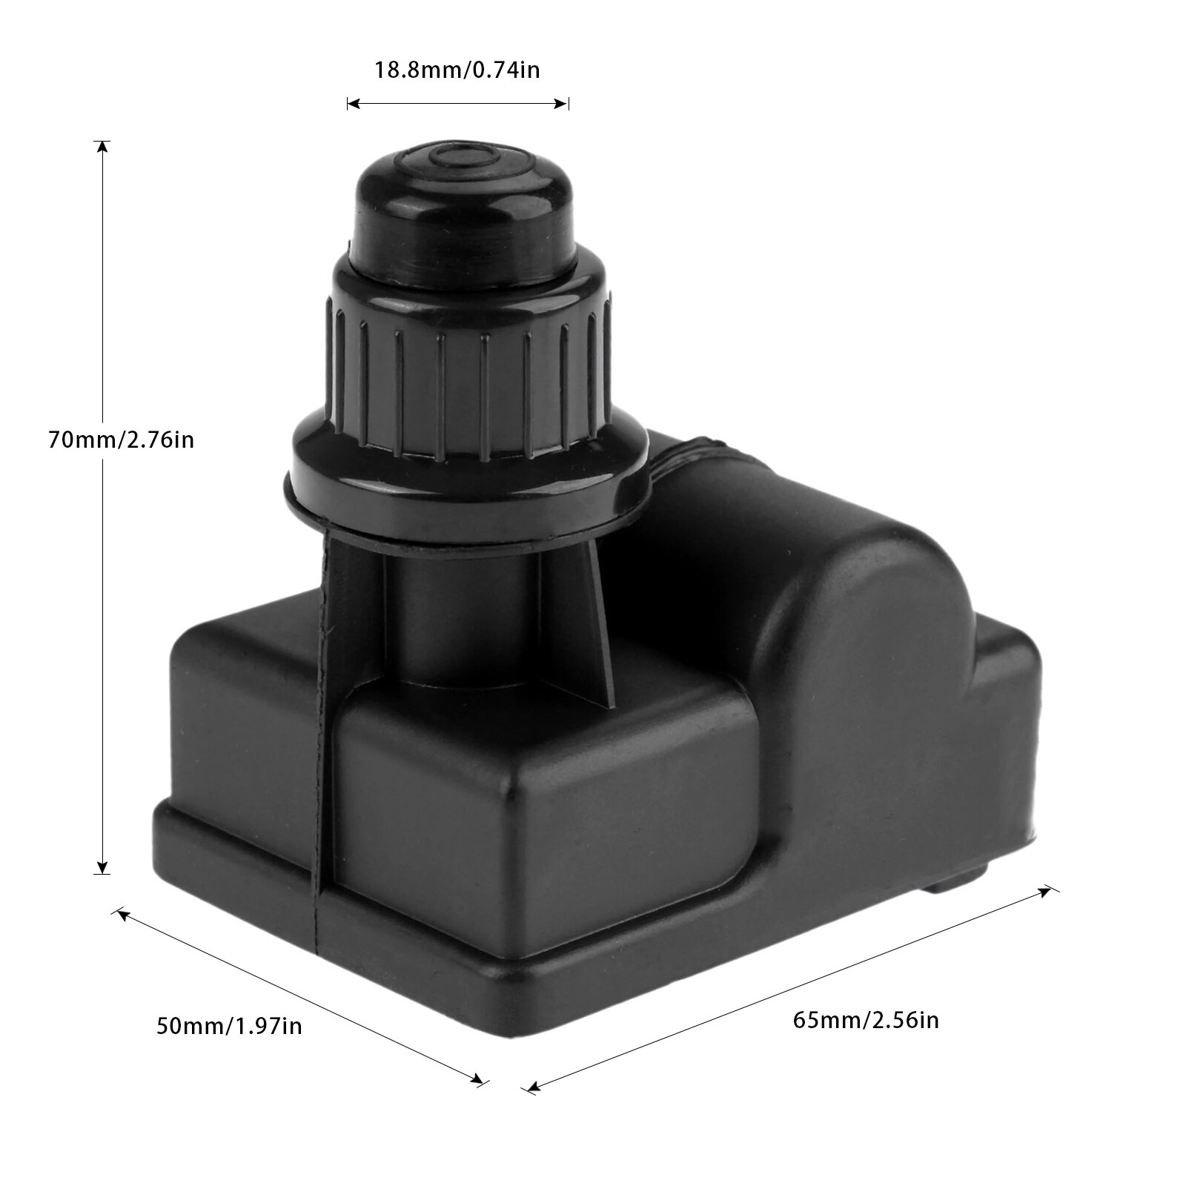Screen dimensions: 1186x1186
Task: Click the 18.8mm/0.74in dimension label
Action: click(x=457, y=70)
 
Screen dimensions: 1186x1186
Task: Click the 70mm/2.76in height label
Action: click(x=121, y=440)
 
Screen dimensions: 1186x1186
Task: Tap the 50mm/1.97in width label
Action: click(x=229, y=1027)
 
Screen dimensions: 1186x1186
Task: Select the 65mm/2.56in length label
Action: click(x=866, y=1021)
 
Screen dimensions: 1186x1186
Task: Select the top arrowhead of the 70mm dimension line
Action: click(x=103, y=146)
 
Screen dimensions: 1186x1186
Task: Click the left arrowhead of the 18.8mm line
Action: click(x=353, y=105)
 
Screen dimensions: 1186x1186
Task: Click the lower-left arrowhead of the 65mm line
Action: click(x=531, y=1087)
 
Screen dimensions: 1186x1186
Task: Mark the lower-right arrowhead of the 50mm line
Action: click(x=477, y=1081)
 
